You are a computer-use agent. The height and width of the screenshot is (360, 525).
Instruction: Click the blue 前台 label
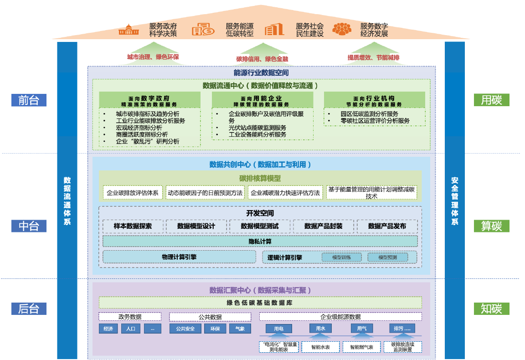[29, 100]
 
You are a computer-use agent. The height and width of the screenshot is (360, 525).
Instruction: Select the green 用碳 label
[491, 100]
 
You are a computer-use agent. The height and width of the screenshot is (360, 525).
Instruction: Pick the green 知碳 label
[491, 309]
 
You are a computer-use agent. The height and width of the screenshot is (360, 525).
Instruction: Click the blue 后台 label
[29, 309]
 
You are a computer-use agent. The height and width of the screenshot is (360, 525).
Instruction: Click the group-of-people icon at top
[342, 30]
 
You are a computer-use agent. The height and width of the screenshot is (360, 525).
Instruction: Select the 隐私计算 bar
[260, 241]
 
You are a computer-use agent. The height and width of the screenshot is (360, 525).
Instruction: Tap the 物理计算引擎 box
[179, 257]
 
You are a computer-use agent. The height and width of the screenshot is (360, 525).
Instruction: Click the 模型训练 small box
[341, 257]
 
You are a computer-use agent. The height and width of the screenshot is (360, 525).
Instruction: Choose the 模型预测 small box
[387, 257]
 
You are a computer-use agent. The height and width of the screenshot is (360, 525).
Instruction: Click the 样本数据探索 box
[133, 226]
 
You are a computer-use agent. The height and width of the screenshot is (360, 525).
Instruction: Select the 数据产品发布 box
[387, 226]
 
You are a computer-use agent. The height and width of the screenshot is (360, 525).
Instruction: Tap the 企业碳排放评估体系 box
[133, 193]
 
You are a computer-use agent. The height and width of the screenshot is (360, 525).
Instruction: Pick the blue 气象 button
[240, 329]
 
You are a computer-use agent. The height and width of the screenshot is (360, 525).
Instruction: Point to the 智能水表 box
[320, 347]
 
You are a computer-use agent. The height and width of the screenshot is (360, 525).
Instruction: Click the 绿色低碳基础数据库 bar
[260, 303]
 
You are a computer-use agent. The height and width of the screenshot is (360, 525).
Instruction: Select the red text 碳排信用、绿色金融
[262, 59]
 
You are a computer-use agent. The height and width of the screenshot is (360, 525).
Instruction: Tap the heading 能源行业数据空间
[261, 72]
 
